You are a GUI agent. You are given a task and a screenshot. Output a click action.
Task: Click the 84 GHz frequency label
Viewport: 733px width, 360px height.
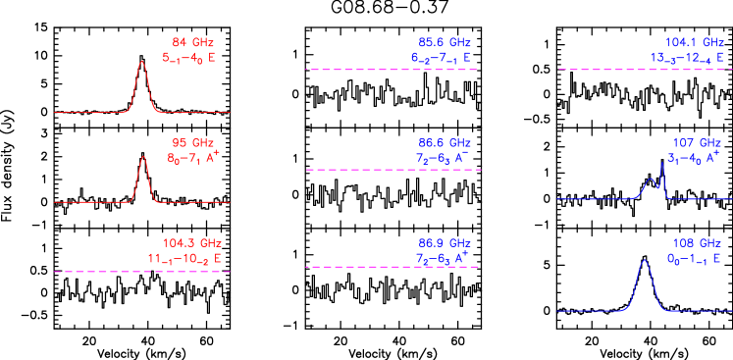click(192, 42)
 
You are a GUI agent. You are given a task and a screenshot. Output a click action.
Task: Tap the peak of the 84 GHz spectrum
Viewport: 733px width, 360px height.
click(141, 62)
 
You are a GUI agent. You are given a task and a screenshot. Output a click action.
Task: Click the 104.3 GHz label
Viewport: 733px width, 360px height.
click(192, 242)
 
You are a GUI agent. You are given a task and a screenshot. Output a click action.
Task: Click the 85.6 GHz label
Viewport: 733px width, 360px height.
click(445, 42)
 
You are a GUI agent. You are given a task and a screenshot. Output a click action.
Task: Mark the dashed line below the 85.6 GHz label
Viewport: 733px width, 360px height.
click(393, 70)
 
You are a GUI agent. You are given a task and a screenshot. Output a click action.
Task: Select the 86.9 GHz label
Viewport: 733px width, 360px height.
click(445, 242)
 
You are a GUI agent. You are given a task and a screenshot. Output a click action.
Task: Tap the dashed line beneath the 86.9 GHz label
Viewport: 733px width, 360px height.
click(393, 267)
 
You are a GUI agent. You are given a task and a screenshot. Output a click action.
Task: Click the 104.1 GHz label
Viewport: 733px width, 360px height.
click(693, 42)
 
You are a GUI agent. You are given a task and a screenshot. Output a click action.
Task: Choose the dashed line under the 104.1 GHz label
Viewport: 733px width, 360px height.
click(643, 70)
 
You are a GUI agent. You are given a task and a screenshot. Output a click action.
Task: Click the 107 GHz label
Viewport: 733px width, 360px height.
click(697, 142)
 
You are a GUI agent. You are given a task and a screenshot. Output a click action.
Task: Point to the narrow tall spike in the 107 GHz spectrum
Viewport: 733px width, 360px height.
click(662, 164)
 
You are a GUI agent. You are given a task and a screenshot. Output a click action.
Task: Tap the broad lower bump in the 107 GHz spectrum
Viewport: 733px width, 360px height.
click(651, 180)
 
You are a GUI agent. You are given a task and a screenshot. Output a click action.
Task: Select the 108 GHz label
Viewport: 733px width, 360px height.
click(697, 242)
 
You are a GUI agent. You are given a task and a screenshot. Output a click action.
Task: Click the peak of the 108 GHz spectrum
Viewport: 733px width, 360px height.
click(644, 261)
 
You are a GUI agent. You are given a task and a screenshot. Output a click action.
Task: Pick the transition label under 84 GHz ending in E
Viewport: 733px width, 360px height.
click(188, 58)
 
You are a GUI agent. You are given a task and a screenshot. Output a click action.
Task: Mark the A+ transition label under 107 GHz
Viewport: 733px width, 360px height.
click(694, 157)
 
